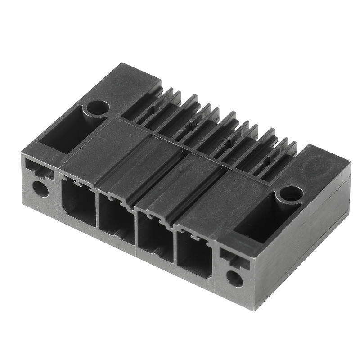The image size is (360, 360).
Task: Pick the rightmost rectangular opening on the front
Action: [x=194, y=255]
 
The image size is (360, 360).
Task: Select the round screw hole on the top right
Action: [x=289, y=194]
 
